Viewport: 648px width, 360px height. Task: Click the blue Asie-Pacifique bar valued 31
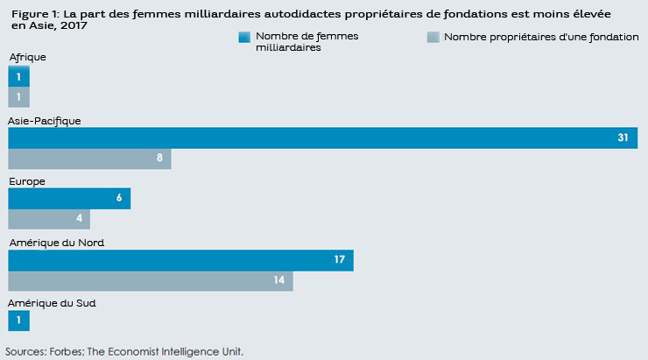[322, 138]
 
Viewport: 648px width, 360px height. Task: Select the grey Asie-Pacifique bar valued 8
[89, 159]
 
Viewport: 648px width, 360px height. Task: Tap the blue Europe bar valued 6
[69, 199]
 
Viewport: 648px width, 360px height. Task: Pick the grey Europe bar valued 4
[49, 219]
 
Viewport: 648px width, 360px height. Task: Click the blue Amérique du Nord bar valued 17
[180, 260]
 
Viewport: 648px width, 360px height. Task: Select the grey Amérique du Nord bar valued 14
[151, 280]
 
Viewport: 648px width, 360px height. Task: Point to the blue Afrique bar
[18, 77]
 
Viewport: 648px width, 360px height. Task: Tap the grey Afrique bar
[18, 96]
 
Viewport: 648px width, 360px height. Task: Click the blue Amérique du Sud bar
[18, 321]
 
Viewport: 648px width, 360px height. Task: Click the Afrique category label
[27, 57]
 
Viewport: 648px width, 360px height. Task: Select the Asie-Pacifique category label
[45, 121]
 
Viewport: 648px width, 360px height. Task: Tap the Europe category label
[26, 181]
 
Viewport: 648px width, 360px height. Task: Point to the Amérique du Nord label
[52, 243]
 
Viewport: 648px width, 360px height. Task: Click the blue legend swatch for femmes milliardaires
[244, 38]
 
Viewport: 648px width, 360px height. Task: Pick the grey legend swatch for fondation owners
[432, 38]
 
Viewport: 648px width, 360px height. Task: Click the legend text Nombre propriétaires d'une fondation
[541, 37]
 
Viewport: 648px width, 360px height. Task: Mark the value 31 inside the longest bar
[623, 138]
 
